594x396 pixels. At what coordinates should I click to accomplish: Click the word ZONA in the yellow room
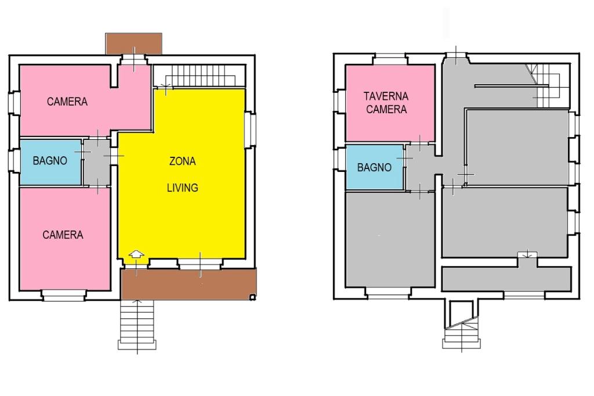(x=182, y=161)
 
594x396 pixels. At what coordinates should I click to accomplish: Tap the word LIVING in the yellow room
(x=183, y=188)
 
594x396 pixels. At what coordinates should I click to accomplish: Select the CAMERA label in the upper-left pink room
(x=67, y=102)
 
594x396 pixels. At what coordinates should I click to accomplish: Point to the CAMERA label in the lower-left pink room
(x=63, y=235)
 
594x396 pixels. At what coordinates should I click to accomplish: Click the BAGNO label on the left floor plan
(x=50, y=161)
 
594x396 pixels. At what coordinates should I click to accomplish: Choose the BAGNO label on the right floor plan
(x=374, y=168)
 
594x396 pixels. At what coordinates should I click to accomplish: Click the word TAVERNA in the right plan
(x=386, y=96)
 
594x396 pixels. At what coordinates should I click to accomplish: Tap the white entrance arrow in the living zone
(x=136, y=254)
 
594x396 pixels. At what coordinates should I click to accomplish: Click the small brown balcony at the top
(x=134, y=44)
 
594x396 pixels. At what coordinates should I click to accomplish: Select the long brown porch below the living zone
(x=189, y=284)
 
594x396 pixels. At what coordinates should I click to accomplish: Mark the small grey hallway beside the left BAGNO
(x=97, y=163)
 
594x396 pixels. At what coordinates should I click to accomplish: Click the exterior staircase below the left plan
(x=137, y=325)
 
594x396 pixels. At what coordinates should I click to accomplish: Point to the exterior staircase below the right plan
(x=461, y=325)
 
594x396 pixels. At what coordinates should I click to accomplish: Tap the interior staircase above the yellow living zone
(x=200, y=76)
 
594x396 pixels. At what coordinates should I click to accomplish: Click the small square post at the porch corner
(x=253, y=297)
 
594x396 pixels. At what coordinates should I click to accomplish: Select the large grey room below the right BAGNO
(x=390, y=240)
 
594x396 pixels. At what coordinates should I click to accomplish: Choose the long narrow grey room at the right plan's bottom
(x=506, y=279)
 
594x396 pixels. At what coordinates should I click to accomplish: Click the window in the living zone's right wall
(x=250, y=129)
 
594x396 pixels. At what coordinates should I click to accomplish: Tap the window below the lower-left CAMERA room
(x=64, y=296)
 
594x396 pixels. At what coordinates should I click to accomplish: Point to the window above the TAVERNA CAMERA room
(x=390, y=59)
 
